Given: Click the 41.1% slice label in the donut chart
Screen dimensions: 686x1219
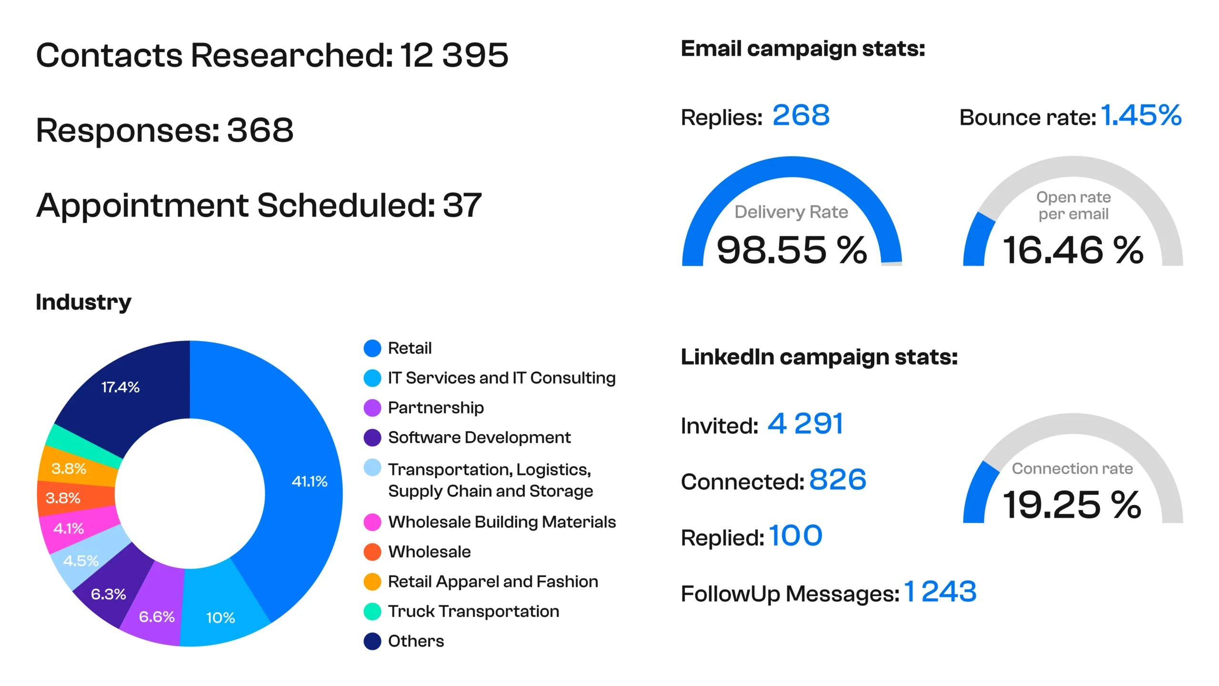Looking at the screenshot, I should click(x=310, y=481).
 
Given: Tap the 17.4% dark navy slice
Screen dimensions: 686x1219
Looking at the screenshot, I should click(x=120, y=387).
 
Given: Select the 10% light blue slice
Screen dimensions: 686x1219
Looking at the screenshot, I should click(x=220, y=617).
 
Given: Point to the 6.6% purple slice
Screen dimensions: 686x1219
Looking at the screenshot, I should click(x=157, y=616).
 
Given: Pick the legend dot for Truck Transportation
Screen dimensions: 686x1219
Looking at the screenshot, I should click(x=372, y=612).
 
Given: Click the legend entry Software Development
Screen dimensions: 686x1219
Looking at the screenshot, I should click(x=479, y=437).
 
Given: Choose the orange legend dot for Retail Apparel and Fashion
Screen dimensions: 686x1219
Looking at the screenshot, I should click(x=372, y=582).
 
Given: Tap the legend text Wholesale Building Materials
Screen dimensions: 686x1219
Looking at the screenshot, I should click(x=502, y=522).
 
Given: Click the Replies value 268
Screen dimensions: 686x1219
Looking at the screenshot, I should click(x=801, y=116).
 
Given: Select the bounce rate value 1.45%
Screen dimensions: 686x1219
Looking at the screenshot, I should click(x=1141, y=116).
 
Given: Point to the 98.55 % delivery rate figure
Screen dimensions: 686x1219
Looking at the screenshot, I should click(x=791, y=250).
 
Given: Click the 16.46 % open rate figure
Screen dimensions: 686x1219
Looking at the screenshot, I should click(x=1072, y=250).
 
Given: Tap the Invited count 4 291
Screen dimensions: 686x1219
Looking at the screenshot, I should click(x=805, y=424).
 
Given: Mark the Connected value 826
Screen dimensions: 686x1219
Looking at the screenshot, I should click(x=838, y=480).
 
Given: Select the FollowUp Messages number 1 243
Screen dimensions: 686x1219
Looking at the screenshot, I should click(x=940, y=592).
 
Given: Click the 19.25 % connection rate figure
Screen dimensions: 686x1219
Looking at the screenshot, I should click(x=1071, y=504).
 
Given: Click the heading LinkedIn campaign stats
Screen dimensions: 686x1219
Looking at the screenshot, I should click(x=819, y=357).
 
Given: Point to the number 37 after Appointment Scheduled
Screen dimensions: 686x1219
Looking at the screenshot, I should click(x=462, y=205).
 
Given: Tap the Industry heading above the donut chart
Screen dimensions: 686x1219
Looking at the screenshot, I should click(x=83, y=302).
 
